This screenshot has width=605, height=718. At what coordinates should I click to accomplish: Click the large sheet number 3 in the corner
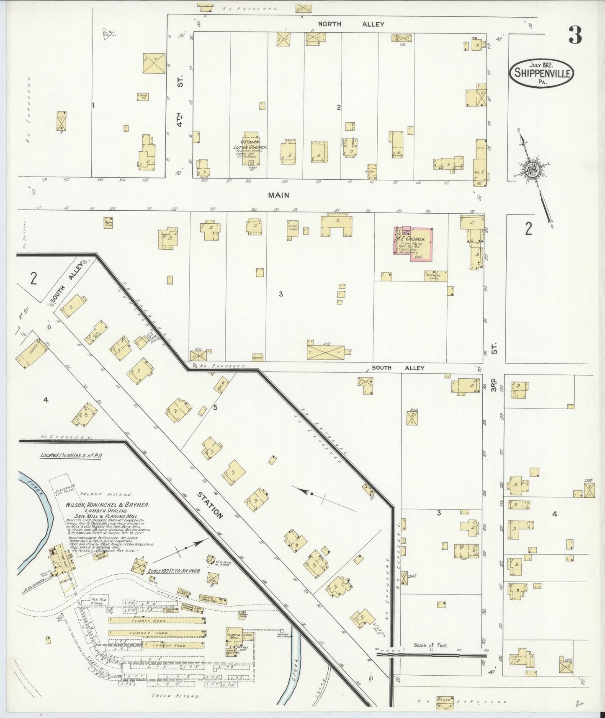(x=575, y=36)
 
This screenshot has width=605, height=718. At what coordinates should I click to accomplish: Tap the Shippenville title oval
(x=541, y=73)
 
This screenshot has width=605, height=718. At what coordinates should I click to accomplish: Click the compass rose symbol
(x=532, y=169)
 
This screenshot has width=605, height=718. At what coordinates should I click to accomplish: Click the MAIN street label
(x=278, y=195)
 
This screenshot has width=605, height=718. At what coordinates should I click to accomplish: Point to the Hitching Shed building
(x=435, y=276)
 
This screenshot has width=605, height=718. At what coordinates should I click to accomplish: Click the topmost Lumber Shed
(x=156, y=620)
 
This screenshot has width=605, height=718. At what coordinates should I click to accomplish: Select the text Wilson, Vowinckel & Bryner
(x=107, y=506)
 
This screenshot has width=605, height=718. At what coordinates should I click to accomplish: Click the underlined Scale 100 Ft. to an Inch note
(x=173, y=571)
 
